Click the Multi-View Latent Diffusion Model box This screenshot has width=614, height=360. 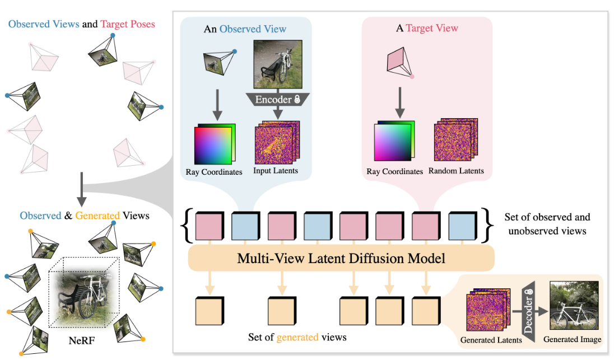point(341,259)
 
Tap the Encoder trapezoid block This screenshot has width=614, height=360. point(278,100)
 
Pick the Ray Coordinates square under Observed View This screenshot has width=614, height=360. point(214,144)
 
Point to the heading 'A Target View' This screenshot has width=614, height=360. point(427,28)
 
